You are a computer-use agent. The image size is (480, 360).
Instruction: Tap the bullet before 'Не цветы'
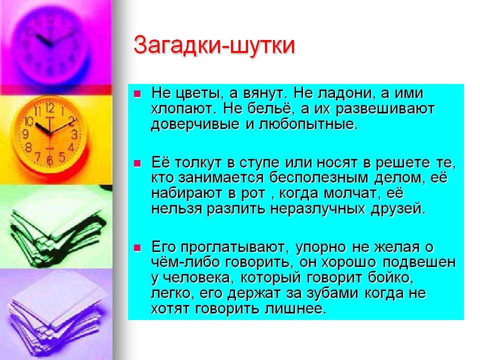(137, 93)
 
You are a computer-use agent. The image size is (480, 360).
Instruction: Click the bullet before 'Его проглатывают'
(137, 247)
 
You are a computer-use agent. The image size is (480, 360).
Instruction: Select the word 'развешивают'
(385, 109)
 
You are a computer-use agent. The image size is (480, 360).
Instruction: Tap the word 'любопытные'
(307, 124)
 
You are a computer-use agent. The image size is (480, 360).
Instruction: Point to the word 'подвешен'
(419, 262)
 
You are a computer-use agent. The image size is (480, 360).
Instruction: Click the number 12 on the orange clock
(50, 108)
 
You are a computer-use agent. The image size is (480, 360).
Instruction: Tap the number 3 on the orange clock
(74, 134)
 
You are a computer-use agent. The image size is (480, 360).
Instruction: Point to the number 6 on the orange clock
(49, 160)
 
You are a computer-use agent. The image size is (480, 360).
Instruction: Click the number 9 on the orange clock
(25, 134)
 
